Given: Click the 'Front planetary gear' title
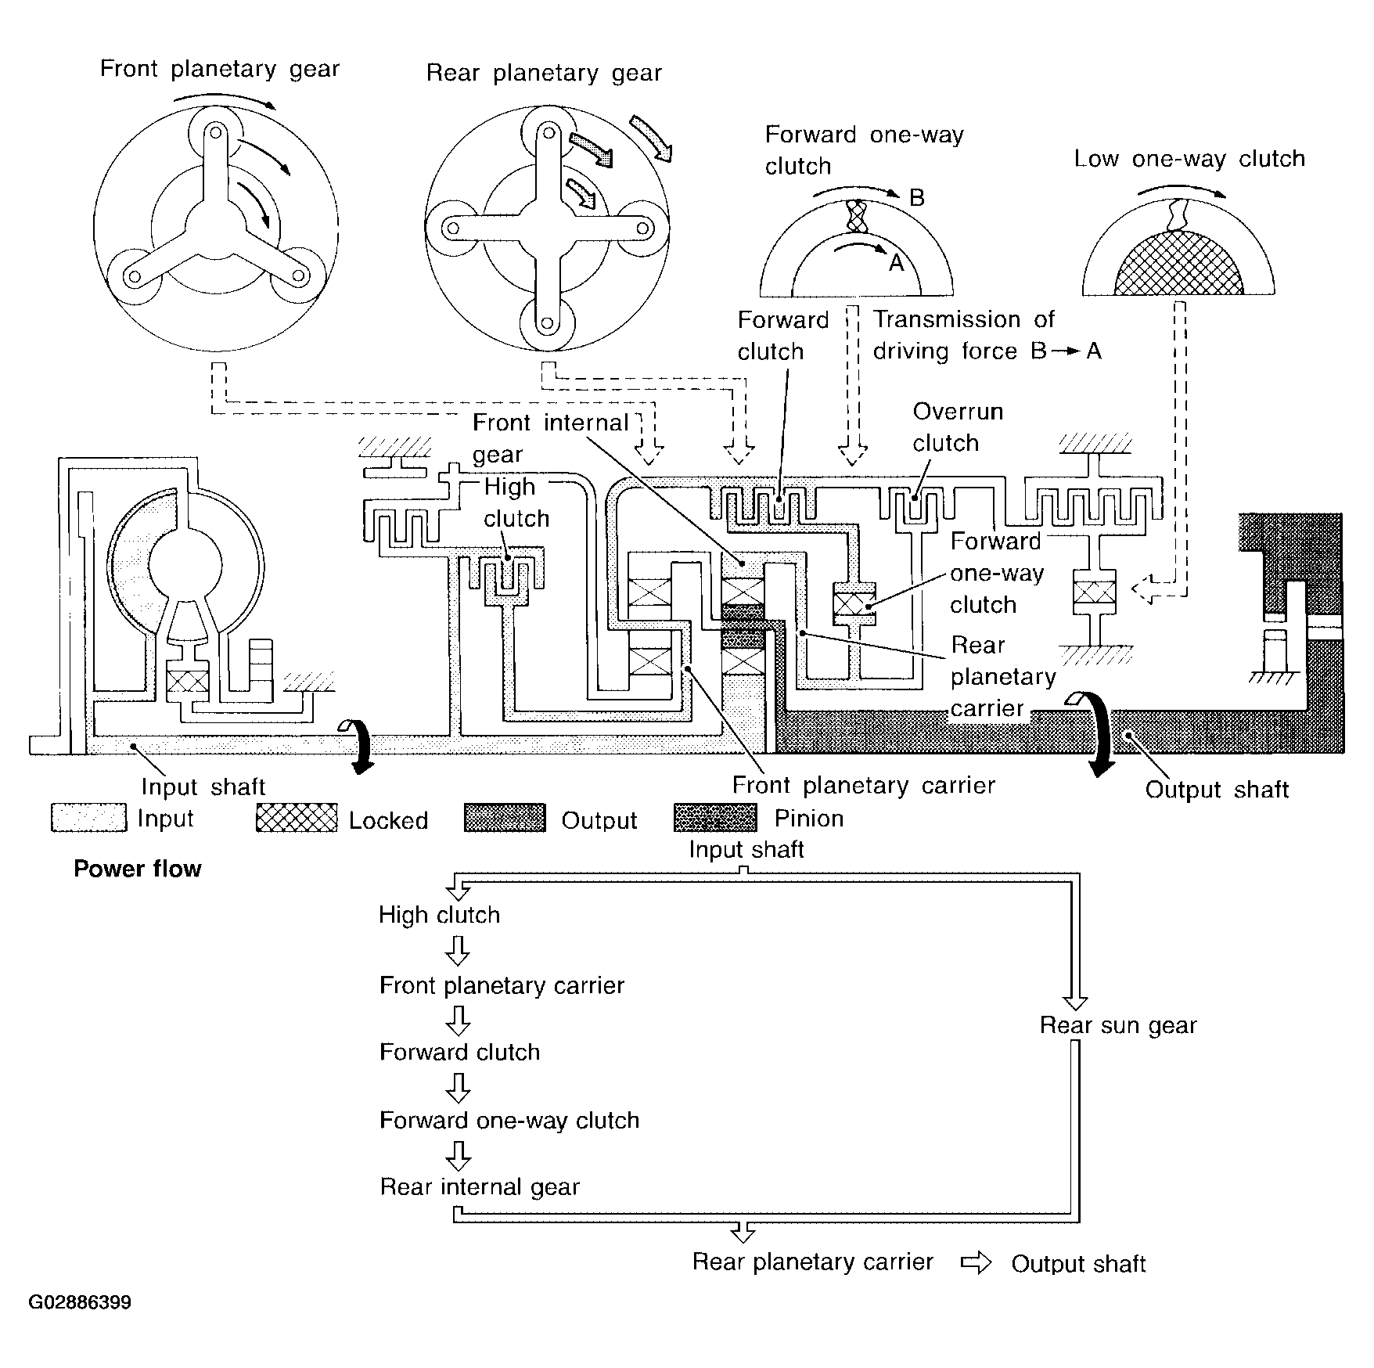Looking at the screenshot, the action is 220,70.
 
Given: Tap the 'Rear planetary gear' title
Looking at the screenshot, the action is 544,74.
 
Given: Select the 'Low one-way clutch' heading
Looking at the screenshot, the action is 1189,159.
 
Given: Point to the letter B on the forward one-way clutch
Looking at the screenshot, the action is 917,198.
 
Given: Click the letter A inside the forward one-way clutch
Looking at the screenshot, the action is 897,263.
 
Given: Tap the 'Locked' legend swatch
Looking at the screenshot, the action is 297,818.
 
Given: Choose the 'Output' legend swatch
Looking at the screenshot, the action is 505,818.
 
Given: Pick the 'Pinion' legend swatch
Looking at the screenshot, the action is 715,818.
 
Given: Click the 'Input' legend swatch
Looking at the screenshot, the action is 88,818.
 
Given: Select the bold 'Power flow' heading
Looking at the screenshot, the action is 138,869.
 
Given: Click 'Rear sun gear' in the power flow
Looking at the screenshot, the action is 1118,1025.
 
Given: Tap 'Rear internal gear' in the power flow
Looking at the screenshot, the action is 480,1187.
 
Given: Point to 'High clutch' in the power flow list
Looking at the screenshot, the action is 439,915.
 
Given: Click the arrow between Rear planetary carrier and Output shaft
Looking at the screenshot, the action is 976,1262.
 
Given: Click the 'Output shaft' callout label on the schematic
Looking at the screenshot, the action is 1217,790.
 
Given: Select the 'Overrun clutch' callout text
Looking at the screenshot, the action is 958,427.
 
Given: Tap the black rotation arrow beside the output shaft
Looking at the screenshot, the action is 1095,732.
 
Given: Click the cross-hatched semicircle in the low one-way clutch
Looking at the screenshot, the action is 1179,265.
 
